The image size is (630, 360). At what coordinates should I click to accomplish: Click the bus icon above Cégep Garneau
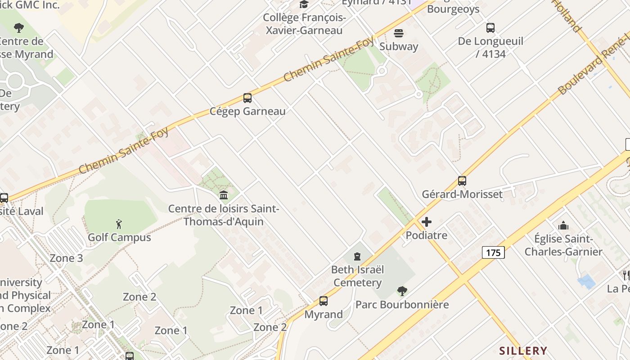[247, 98]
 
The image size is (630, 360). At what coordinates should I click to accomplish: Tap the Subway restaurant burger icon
[399, 33]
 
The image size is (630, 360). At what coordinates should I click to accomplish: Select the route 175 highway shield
[493, 252]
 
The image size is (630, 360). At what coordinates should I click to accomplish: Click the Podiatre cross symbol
[427, 222]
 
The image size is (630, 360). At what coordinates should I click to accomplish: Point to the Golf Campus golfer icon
[119, 224]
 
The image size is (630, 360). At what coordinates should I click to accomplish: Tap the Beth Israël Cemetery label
[357, 276]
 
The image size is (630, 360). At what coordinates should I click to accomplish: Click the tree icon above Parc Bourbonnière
[402, 291]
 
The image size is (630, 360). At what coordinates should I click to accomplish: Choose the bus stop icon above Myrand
[323, 301]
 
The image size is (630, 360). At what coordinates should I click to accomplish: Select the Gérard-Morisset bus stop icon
[462, 181]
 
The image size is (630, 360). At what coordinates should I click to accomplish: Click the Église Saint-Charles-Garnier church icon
[563, 225]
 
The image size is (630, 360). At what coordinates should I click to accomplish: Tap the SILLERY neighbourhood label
[523, 351]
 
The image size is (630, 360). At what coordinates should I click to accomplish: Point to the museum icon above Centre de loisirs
[223, 195]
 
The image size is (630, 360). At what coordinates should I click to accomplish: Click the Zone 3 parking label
[66, 258]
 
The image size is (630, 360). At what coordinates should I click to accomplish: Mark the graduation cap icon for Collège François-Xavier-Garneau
[304, 4]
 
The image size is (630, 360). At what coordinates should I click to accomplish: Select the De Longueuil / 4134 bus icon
[490, 28]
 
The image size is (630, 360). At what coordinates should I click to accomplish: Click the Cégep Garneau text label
[247, 111]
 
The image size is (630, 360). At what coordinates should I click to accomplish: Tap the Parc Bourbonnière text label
[402, 305]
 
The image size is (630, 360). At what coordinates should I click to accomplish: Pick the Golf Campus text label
[119, 237]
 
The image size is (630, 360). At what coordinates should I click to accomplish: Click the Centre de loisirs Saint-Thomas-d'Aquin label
[224, 215]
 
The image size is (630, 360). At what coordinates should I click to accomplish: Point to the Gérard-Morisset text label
[462, 194]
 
